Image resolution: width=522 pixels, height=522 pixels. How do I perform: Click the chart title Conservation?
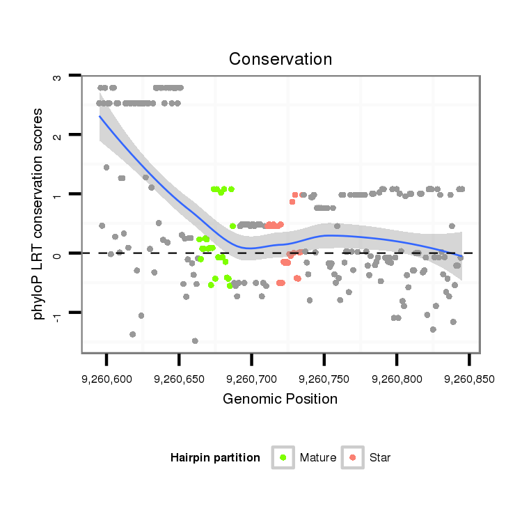point(280,58)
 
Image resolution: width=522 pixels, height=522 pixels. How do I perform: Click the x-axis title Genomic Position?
point(280,399)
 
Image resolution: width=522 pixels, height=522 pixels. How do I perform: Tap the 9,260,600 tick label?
point(106,380)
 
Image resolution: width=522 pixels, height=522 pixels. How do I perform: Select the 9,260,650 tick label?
point(179,380)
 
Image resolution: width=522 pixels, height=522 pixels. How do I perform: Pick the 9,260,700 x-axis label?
point(251,380)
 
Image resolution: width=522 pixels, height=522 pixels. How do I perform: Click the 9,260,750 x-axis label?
point(324,380)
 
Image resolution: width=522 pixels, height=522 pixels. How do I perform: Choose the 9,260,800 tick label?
point(396,380)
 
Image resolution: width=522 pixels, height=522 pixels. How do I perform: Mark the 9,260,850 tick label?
point(468,380)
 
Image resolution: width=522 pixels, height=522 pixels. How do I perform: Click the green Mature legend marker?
point(283,457)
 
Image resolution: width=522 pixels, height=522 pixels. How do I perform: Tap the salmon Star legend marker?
point(353,457)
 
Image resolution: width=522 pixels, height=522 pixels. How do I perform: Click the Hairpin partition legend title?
point(215,458)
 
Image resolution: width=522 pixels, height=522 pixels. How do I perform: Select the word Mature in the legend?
point(318,458)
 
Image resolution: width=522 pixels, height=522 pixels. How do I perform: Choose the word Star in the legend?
point(381,458)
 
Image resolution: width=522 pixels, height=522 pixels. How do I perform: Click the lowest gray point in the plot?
point(195,340)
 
